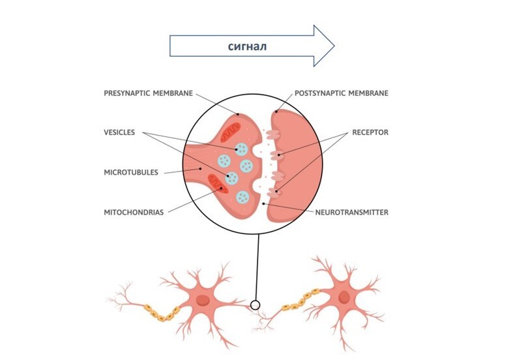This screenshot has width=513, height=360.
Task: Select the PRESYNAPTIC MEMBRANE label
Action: pos(148,93)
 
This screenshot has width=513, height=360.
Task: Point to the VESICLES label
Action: pos(119,132)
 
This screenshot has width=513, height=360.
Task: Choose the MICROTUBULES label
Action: pos(131,173)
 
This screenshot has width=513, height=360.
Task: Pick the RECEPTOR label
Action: pos(370,132)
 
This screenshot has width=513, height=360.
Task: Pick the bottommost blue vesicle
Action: pos(242,196)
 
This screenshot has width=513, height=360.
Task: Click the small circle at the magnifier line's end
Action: pos(255,305)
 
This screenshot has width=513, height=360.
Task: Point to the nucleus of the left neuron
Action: pos(203,301)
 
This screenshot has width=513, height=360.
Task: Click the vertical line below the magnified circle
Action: pos(258,267)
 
